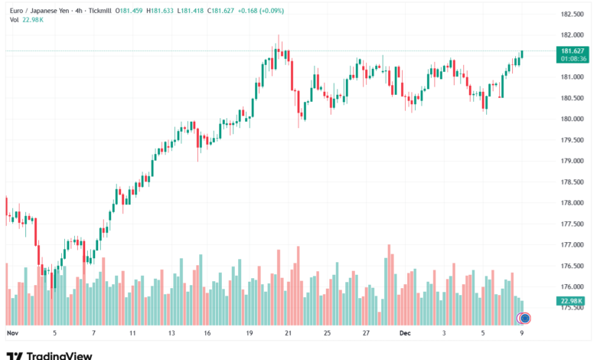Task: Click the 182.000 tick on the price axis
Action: point(573,35)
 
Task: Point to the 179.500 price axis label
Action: point(573,140)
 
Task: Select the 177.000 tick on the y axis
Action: point(573,245)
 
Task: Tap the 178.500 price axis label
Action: point(573,182)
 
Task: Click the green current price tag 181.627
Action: point(573,51)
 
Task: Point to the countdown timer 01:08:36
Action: point(573,58)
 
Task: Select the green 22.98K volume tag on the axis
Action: point(573,301)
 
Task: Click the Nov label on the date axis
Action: point(11,334)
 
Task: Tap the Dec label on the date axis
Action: point(406,334)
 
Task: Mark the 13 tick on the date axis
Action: point(172,334)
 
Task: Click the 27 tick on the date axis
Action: point(367,334)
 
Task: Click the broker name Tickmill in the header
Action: point(103,11)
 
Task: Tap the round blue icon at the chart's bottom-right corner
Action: point(524,318)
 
